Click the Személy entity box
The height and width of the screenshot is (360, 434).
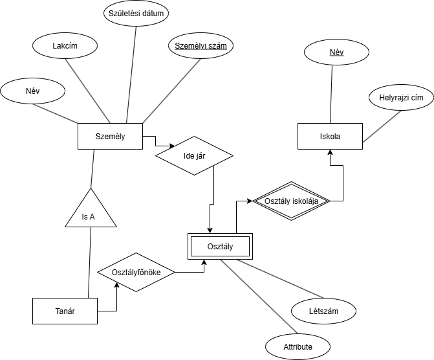click(110, 136)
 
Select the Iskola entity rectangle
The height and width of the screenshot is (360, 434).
click(330, 137)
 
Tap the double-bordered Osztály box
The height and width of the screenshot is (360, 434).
click(220, 246)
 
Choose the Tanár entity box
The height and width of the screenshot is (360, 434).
click(65, 311)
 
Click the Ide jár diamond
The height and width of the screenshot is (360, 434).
click(194, 155)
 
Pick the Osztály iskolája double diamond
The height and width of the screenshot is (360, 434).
click(290, 201)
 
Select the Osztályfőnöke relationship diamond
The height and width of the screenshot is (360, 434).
click(136, 273)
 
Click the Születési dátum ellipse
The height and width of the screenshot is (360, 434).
click(136, 13)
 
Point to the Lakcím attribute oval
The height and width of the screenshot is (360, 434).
click(65, 46)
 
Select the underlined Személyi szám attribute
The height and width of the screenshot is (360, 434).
click(201, 46)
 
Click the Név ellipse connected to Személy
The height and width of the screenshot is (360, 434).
click(32, 91)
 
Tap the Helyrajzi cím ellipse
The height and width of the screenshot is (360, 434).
click(400, 98)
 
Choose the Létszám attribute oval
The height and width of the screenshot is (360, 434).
click(323, 311)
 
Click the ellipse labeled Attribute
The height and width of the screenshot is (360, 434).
click(298, 347)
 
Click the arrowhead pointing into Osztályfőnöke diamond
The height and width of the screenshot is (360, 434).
click(116, 286)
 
